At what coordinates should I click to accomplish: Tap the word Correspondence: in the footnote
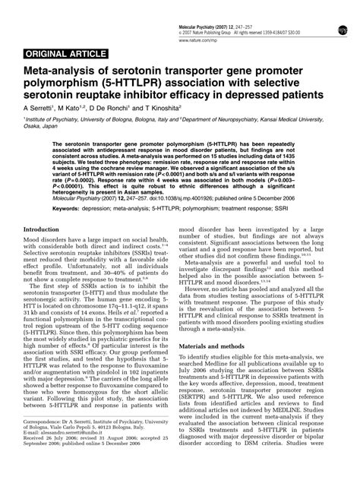[x=43, y=440]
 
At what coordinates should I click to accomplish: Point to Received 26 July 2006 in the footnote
[x=51, y=460]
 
